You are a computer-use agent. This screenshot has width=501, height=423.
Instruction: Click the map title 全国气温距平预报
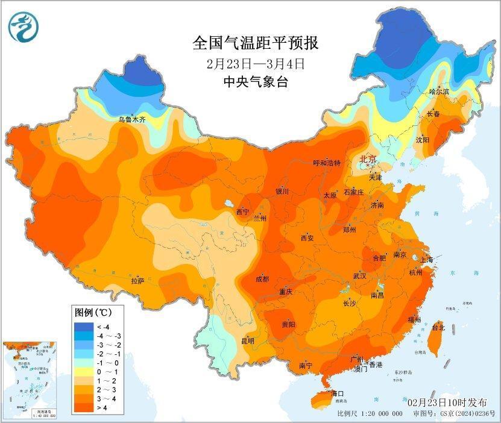click(x=255, y=43)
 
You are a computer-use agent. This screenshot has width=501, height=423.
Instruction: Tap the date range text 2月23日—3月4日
click(x=255, y=63)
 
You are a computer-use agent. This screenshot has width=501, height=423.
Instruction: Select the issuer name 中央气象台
click(x=255, y=82)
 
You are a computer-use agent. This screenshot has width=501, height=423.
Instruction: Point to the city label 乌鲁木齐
click(x=132, y=120)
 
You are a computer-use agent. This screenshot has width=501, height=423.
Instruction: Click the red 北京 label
click(x=367, y=159)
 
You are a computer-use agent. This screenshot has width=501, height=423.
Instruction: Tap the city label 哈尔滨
click(x=439, y=92)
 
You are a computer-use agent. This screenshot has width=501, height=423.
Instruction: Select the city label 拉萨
click(x=137, y=281)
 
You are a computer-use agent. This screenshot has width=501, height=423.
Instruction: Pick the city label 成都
click(x=262, y=279)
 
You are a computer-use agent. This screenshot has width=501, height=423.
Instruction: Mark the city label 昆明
click(x=248, y=341)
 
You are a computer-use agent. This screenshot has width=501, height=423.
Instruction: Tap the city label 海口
click(x=338, y=393)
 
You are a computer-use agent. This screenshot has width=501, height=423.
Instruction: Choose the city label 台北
click(x=438, y=328)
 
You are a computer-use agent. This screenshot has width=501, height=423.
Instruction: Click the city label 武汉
click(x=360, y=275)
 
